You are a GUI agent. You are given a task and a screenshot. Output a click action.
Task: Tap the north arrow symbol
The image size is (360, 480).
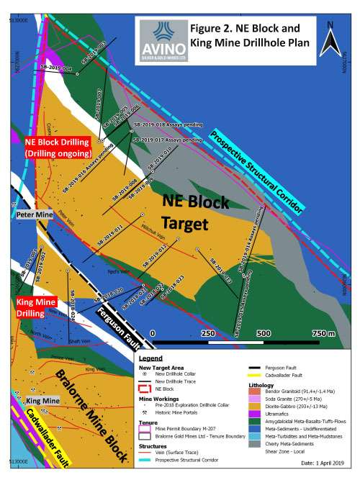329,35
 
